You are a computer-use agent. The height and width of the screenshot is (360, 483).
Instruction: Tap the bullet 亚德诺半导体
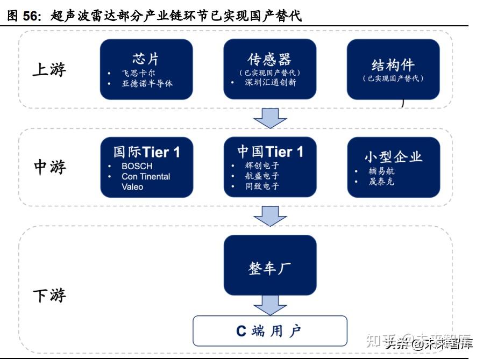(147, 83)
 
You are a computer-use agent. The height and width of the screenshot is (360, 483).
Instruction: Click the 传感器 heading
(269, 59)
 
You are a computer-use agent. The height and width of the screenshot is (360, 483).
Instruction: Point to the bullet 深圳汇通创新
(271, 83)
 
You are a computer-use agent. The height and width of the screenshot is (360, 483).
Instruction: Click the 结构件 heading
(393, 65)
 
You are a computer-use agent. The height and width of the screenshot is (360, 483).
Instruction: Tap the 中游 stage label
(49, 167)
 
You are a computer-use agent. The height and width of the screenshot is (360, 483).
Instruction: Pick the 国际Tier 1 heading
(146, 152)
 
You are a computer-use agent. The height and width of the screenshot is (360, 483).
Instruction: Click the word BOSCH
(137, 167)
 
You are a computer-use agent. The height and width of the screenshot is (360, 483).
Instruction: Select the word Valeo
(132, 186)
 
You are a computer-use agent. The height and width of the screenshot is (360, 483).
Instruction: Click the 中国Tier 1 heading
(270, 152)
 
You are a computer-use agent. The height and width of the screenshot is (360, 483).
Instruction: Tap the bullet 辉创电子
(262, 166)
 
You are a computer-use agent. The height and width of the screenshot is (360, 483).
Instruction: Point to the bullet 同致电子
(262, 186)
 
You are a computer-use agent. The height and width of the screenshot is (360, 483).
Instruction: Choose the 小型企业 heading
(393, 156)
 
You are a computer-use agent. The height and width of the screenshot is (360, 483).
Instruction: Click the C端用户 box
(270, 331)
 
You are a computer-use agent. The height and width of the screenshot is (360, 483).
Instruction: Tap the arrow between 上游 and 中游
(270, 118)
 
